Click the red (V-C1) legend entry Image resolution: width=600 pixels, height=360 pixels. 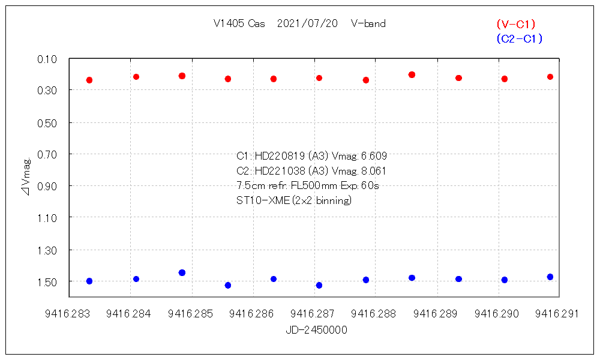click(515, 25)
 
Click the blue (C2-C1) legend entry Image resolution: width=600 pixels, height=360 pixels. click(519, 39)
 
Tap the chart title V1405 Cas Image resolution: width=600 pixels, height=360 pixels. click(239, 24)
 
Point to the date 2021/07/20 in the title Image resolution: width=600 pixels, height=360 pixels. click(308, 24)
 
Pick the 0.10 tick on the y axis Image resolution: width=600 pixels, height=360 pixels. click(47, 59)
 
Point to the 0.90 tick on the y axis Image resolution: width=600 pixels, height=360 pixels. click(47, 186)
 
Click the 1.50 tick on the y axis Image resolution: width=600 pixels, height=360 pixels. click(47, 281)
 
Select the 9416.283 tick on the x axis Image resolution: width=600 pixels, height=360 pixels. click(70, 313)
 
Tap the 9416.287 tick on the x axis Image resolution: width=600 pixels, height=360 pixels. click(314, 313)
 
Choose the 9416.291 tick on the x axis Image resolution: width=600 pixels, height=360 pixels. click(558, 313)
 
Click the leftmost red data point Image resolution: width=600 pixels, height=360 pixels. click(89, 80)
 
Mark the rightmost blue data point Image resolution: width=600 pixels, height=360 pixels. click(550, 277)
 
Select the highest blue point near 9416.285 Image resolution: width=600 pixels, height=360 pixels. click(182, 272)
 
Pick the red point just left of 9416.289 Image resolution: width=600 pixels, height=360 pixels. click(412, 74)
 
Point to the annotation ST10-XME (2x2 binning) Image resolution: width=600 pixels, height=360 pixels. click(294, 200)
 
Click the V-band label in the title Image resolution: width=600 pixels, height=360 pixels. click(368, 24)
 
